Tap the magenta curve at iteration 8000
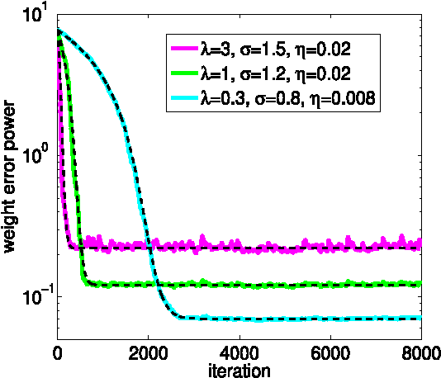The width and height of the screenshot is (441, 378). (420, 243)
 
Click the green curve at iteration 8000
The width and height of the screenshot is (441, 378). (420, 284)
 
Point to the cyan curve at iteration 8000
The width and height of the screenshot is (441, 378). (420, 318)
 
